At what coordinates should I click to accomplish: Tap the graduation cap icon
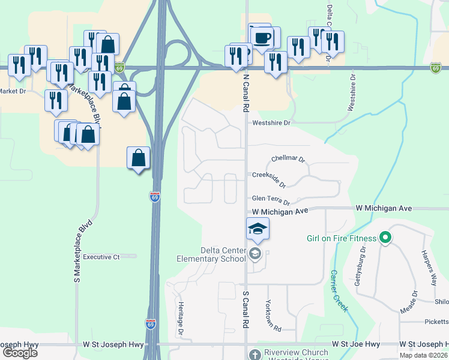tap(258, 229)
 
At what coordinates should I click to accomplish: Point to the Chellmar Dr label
tap(288, 160)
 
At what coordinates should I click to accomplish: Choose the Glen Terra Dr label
tap(271, 200)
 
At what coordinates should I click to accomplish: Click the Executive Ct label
tap(101, 257)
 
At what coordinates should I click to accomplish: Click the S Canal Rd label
tap(246, 310)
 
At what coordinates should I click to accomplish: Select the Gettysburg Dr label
tap(361, 271)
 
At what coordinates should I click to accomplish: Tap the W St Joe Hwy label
tap(357, 344)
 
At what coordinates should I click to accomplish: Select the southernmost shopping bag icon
tap(138, 158)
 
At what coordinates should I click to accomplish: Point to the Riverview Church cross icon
tap(255, 355)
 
